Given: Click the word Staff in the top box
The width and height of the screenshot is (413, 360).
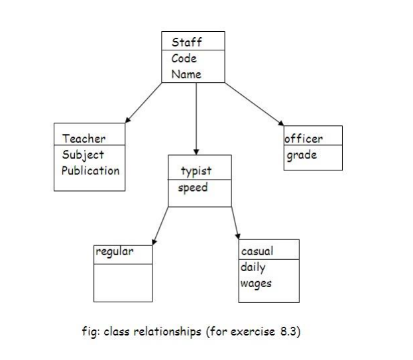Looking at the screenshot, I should tap(186, 42).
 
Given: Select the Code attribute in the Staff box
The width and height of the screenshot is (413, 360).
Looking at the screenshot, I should tap(184, 58).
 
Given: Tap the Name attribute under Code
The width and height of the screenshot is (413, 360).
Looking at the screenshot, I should tap(186, 74).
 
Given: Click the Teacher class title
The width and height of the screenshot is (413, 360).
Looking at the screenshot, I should tap(84, 139).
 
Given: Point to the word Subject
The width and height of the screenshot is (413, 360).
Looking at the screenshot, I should tap(83, 154).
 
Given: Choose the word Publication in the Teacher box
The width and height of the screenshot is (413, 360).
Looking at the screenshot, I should tap(90, 170).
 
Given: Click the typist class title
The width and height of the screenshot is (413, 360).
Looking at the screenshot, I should tap(196, 171).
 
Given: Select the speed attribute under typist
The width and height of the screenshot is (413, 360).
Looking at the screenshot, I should tap(193, 187).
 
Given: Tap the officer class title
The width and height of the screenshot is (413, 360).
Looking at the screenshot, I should tap(304, 139).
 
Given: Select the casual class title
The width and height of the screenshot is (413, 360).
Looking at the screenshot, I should tap(257, 251).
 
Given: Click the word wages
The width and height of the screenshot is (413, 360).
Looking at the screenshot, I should tap(256, 283).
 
